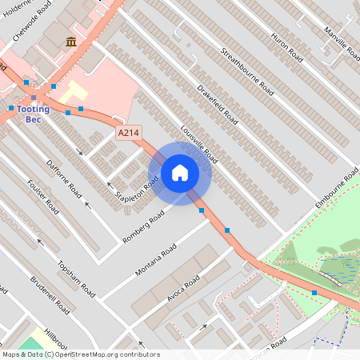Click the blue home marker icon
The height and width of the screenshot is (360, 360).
(180, 173)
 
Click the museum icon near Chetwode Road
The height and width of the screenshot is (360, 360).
(72, 42)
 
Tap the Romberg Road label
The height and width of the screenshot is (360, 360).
(143, 227)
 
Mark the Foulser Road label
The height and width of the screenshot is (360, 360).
(43, 196)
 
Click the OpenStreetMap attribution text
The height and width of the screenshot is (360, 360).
(81, 354)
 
